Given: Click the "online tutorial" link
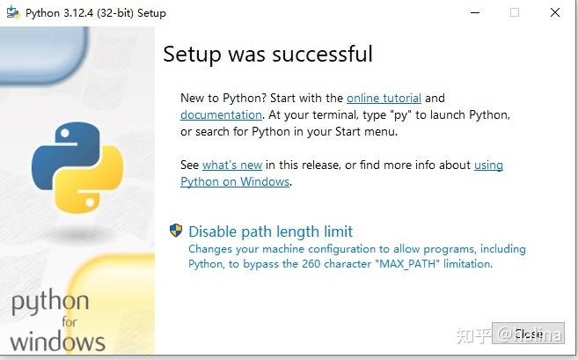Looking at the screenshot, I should (384, 98).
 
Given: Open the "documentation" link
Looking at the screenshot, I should (221, 114).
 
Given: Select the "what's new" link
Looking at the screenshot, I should (232, 165).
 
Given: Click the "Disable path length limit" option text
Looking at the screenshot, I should (270, 231).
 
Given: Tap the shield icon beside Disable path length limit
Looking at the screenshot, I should (176, 231).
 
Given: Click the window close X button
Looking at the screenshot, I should (554, 13).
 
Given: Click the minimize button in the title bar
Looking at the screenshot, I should (475, 13).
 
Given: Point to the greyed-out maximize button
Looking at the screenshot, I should (515, 13).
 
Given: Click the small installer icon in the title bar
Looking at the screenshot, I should (12, 13).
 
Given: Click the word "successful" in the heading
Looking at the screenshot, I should (322, 54).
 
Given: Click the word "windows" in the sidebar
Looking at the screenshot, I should (57, 342).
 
